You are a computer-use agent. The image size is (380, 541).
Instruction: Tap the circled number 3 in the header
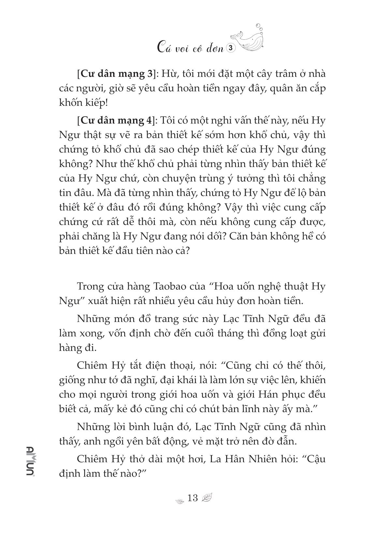[x=230, y=48]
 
